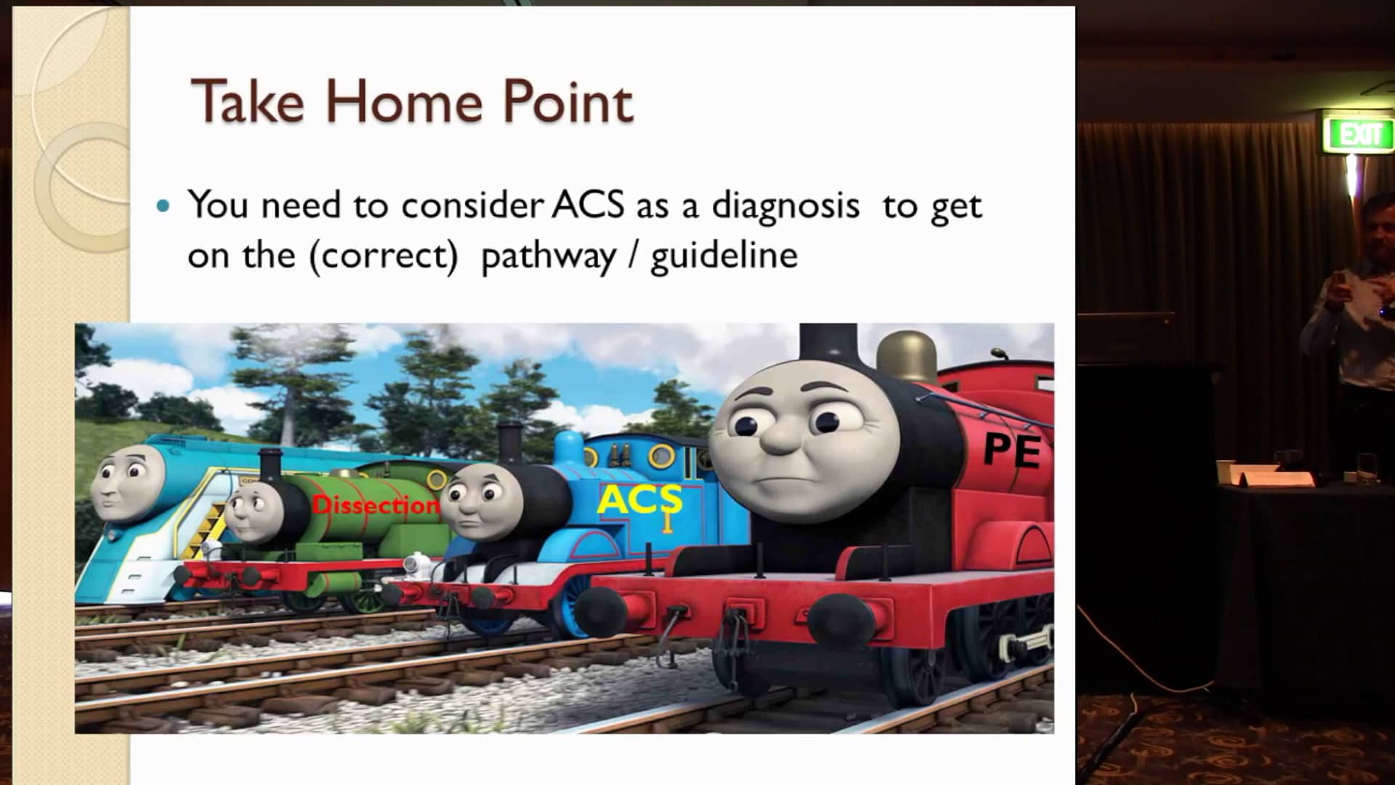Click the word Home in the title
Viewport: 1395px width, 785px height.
tap(403, 102)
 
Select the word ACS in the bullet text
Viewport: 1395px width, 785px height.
tap(587, 205)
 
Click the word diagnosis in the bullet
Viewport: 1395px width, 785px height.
tap(785, 206)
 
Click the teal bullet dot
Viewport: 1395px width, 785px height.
tap(163, 206)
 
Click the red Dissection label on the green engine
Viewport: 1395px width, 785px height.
tap(376, 505)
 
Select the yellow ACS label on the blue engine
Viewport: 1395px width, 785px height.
tap(639, 500)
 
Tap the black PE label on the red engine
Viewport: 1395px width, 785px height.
tap(1012, 450)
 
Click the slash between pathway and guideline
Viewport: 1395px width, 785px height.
tap(633, 256)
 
